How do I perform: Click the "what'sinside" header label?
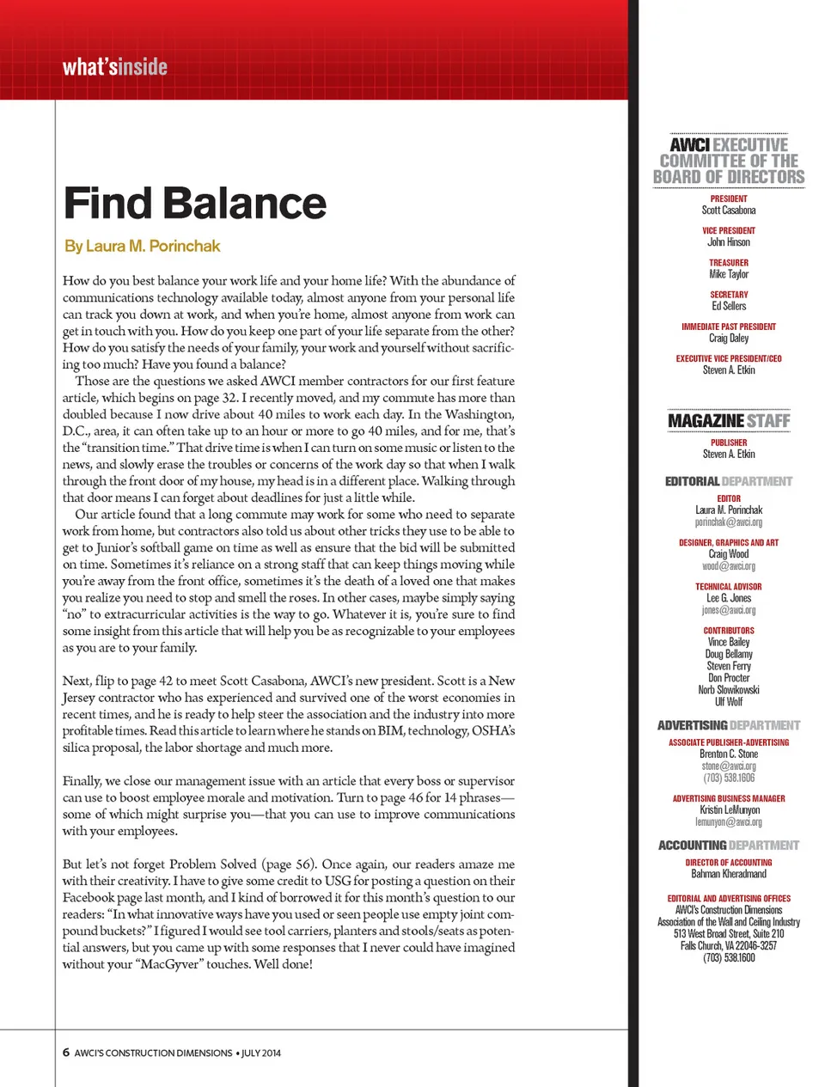pos(114,67)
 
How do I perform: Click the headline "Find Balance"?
pos(195,204)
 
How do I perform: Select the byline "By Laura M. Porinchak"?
pos(142,247)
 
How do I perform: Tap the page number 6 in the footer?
pos(66,1053)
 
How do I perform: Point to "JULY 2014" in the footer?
pos(260,1053)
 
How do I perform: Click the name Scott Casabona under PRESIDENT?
pos(729,211)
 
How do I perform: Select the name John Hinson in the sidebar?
pos(729,242)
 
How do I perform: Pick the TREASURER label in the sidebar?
pos(729,263)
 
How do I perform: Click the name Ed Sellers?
pos(729,306)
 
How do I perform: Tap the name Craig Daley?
pos(729,338)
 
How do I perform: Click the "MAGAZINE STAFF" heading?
pos(729,421)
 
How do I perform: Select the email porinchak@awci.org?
pos(729,522)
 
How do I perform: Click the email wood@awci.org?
pos(729,566)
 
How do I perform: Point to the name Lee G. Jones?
pos(729,598)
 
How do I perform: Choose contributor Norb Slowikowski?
pos(729,690)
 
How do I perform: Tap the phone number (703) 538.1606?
pos(729,778)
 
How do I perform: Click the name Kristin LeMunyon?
pos(729,809)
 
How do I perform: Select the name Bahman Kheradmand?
pos(729,874)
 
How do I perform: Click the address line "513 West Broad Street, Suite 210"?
pos(729,933)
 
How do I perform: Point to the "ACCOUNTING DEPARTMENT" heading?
pos(729,846)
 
